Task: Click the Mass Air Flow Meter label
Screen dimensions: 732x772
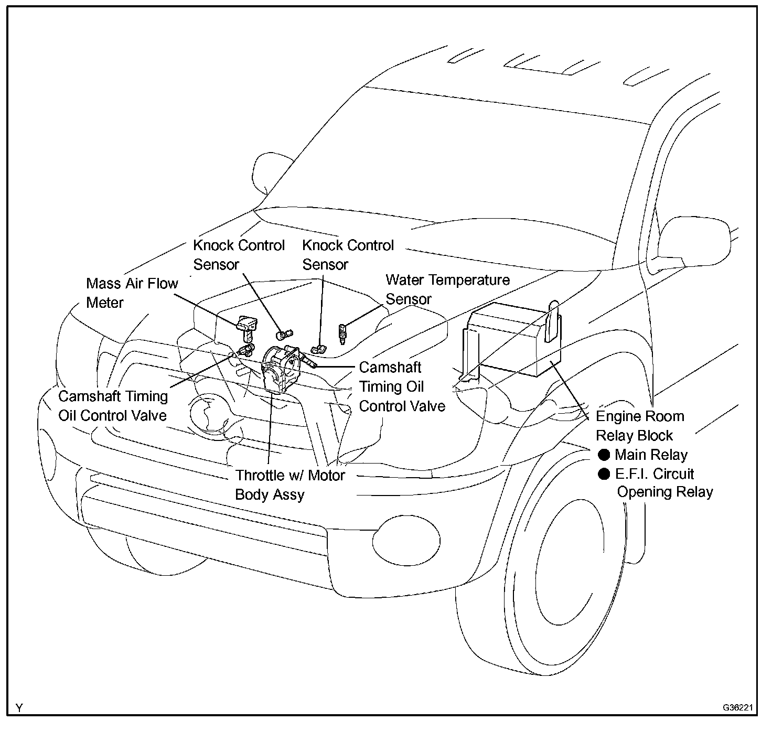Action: pos(132,293)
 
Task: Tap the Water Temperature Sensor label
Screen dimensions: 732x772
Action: pos(447,289)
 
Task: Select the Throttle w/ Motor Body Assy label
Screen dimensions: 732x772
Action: pos(290,485)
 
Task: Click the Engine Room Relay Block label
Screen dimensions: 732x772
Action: pos(640,426)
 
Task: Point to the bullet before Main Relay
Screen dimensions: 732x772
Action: pos(604,455)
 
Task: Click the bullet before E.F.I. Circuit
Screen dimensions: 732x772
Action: pos(604,474)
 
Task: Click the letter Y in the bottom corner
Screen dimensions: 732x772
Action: pos(19,708)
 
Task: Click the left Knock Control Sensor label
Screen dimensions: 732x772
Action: pos(239,255)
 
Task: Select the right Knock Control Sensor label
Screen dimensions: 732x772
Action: pos(348,255)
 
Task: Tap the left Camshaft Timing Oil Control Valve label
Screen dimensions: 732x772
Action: pos(113,406)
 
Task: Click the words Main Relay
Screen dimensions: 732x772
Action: pos(651,455)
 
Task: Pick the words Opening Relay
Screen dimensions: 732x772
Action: pos(664,492)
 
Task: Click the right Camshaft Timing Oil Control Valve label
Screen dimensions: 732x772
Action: pos(402,387)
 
